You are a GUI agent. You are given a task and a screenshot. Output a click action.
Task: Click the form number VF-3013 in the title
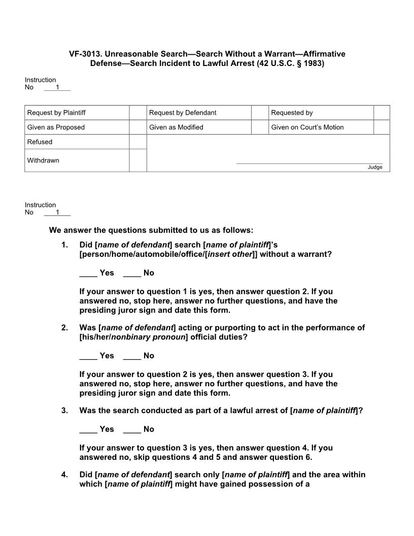pyautogui.click(x=84, y=54)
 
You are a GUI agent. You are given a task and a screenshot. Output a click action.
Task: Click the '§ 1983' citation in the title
pyautogui.click(x=306, y=63)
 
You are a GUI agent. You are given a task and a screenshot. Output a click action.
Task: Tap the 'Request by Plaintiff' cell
pyautogui.click(x=77, y=113)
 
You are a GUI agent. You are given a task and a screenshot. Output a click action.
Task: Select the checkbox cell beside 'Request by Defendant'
pyautogui.click(x=260, y=113)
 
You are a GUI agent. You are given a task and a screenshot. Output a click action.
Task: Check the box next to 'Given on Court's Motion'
pyautogui.click(x=382, y=127)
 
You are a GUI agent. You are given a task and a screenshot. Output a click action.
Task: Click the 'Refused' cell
pyautogui.click(x=77, y=142)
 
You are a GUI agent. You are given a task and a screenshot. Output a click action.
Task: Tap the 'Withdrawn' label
pyautogui.click(x=43, y=160)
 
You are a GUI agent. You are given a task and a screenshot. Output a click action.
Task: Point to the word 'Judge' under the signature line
pyautogui.click(x=375, y=167)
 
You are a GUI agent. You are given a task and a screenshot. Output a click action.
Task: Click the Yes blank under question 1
pyautogui.click(x=88, y=273)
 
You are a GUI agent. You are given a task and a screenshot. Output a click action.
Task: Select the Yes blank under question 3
pyautogui.click(x=88, y=429)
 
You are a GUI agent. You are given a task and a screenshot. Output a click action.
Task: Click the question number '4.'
pyautogui.click(x=64, y=475)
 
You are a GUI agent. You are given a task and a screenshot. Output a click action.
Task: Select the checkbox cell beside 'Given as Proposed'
pyautogui.click(x=137, y=127)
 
